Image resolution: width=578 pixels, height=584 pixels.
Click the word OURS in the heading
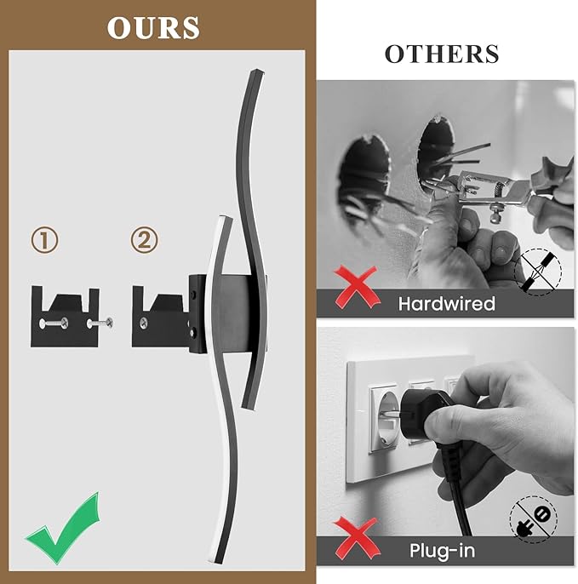153,27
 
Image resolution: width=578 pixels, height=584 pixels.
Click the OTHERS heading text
441,54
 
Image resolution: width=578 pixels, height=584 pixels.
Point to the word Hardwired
446,303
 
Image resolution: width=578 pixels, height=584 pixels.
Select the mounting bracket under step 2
164,316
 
